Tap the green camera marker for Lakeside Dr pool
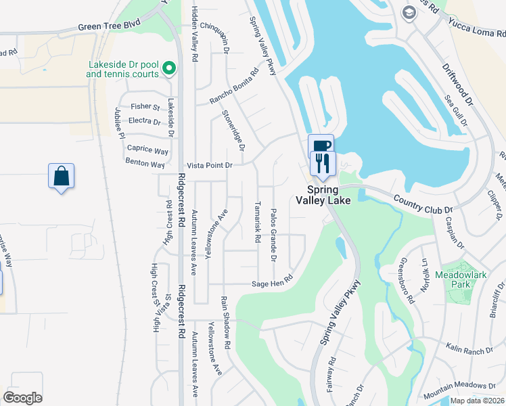[168, 68]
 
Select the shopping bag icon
[61, 177]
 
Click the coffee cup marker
[321, 145]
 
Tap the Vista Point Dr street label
[210, 165]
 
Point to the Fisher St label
[145, 107]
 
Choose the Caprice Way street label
[147, 151]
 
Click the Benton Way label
[145, 164]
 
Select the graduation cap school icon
[409, 12]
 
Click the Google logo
[23, 397]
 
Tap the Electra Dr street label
[144, 122]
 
